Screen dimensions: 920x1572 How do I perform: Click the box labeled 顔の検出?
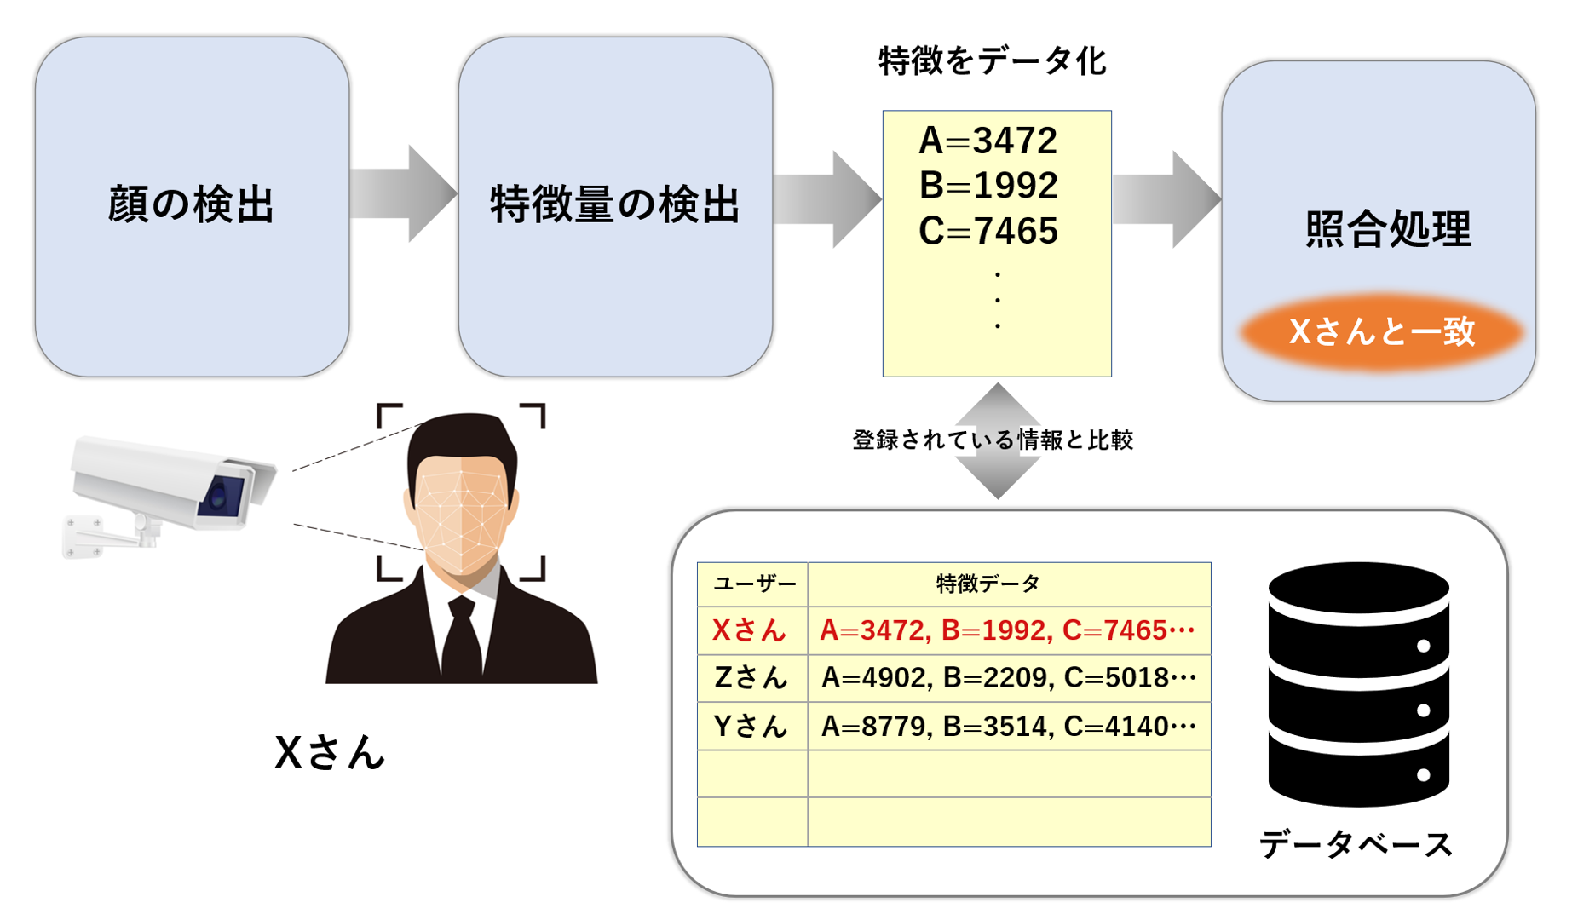(x=192, y=206)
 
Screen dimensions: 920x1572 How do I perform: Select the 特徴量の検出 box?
(x=615, y=206)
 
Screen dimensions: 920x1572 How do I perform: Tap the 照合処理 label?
(x=1388, y=229)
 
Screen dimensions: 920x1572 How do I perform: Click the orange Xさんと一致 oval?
(x=1381, y=331)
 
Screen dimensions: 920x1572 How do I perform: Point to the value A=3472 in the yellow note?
(x=988, y=141)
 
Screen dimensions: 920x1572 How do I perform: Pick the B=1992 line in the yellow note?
(x=988, y=186)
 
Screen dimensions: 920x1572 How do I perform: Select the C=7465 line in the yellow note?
(x=988, y=231)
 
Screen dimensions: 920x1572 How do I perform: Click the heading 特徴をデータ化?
(x=993, y=61)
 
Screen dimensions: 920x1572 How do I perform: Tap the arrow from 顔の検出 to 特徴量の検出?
(x=403, y=194)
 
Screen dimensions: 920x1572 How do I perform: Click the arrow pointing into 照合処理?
(x=1166, y=200)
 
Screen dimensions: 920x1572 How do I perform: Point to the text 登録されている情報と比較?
(x=993, y=440)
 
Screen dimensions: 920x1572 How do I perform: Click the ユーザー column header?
(x=753, y=584)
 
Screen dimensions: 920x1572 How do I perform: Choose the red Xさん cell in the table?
(x=750, y=630)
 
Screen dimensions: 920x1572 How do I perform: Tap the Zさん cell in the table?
(x=750, y=678)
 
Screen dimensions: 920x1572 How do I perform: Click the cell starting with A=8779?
(x=1008, y=727)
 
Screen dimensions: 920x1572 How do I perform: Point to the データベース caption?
(x=1356, y=845)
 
